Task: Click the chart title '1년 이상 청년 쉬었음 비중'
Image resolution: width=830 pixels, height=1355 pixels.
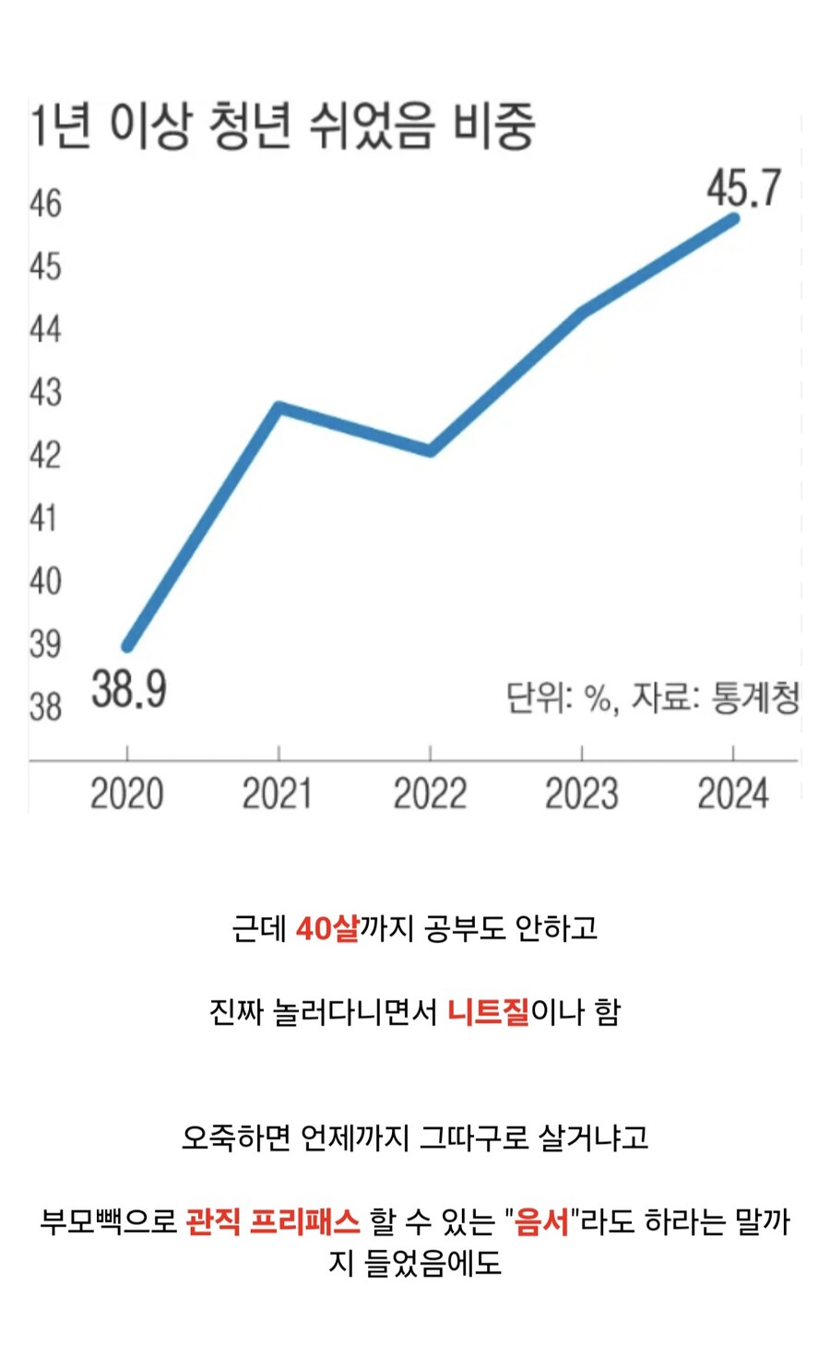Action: [281, 126]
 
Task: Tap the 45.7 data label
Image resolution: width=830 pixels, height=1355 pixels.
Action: [743, 188]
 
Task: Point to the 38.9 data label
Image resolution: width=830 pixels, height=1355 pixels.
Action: [128, 689]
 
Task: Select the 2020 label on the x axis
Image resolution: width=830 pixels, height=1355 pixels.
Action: [127, 794]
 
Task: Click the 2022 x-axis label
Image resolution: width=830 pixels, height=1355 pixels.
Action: [430, 794]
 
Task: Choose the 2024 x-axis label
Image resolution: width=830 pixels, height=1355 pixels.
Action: [732, 794]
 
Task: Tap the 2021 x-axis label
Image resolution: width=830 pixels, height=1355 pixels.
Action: [278, 794]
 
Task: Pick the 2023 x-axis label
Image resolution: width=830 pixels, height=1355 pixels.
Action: [581, 794]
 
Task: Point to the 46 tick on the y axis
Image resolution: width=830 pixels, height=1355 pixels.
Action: [45, 204]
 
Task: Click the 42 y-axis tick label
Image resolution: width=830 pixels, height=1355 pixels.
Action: [45, 455]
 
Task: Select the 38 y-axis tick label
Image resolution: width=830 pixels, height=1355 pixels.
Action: [45, 707]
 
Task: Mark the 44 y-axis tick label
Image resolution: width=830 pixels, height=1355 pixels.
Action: [45, 329]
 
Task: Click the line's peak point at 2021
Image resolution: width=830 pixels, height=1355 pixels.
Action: [279, 406]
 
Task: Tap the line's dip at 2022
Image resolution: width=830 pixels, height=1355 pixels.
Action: [431, 451]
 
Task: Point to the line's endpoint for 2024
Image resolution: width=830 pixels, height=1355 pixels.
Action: [734, 218]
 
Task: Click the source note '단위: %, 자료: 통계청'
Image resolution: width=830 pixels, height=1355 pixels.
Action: [652, 698]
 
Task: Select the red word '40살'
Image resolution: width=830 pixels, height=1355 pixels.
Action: [326, 928]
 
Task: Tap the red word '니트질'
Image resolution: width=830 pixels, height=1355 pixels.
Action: [488, 1012]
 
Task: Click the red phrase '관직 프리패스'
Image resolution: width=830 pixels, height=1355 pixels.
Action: [272, 1222]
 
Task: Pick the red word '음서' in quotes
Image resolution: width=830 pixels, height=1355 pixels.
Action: [541, 1222]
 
